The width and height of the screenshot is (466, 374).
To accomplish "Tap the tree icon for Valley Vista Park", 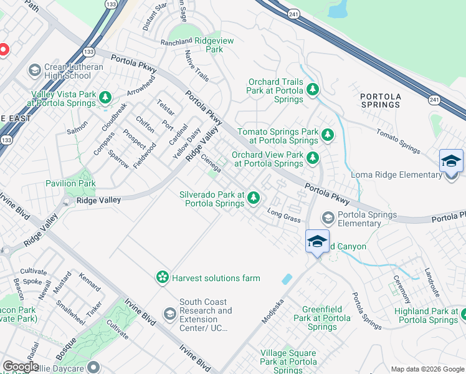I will [106, 97].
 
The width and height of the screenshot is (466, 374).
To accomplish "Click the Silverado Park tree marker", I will [253, 198].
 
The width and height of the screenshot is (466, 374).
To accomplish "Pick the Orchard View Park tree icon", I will [313, 158].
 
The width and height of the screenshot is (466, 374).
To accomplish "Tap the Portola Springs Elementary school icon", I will [328, 218].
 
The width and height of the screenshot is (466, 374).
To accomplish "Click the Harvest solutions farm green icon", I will [163, 277].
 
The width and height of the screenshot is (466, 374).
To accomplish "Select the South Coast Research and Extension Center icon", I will [169, 315].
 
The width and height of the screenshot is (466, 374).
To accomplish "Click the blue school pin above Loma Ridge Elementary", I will [451, 161].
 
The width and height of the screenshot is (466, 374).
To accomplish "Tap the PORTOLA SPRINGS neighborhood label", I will [380, 100].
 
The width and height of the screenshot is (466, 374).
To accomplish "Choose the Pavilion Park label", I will [70, 183].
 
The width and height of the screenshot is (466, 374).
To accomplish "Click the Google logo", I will [21, 367].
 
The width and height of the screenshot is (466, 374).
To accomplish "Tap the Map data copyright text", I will [427, 369].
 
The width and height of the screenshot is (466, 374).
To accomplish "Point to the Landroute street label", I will [432, 282].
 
